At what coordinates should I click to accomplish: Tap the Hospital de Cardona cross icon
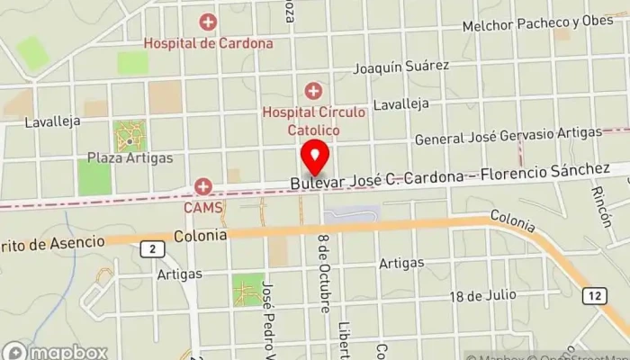click(208, 21)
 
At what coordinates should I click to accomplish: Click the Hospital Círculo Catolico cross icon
click(313, 90)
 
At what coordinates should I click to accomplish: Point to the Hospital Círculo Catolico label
click(314, 121)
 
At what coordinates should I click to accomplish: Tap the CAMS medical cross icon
click(204, 186)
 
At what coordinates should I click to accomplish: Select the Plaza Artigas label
click(130, 158)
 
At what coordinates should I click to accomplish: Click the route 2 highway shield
click(153, 248)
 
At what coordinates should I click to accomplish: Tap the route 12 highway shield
click(594, 296)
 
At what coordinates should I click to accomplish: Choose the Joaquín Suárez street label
click(400, 67)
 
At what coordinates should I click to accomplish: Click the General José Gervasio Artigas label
click(508, 136)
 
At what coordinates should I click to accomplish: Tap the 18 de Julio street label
click(483, 295)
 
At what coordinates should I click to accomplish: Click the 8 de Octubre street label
click(322, 272)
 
